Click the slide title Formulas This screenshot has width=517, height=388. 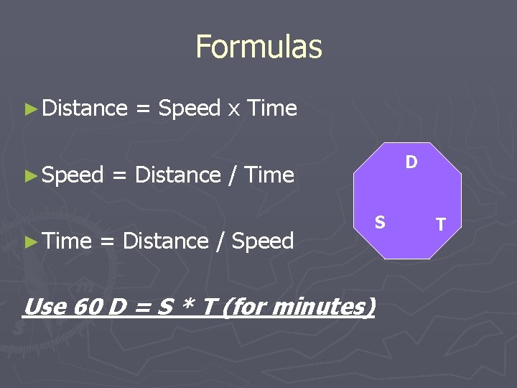(x=258, y=47)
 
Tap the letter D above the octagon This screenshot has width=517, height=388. (x=411, y=162)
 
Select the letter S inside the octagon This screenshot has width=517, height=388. (x=380, y=223)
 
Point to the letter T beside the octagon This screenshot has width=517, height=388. (x=440, y=225)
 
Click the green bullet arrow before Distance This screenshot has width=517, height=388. (x=29, y=109)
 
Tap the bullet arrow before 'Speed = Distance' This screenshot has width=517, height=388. (x=29, y=175)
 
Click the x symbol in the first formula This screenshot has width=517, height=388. (x=233, y=109)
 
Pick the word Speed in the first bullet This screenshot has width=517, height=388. (x=189, y=108)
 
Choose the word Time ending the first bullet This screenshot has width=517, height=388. (x=271, y=108)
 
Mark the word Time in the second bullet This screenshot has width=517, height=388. (x=269, y=175)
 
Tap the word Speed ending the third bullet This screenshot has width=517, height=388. (x=263, y=241)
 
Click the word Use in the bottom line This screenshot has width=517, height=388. (x=45, y=307)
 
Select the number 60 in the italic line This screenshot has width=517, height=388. (x=88, y=307)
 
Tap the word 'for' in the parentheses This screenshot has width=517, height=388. (x=245, y=308)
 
